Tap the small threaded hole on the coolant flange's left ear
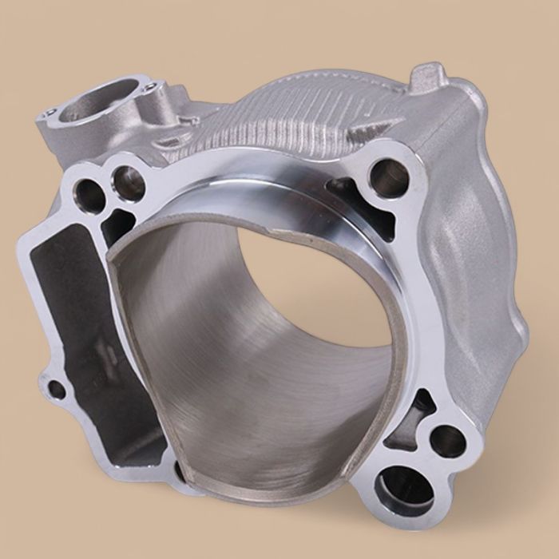[50, 113]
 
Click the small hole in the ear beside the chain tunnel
[57, 391]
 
